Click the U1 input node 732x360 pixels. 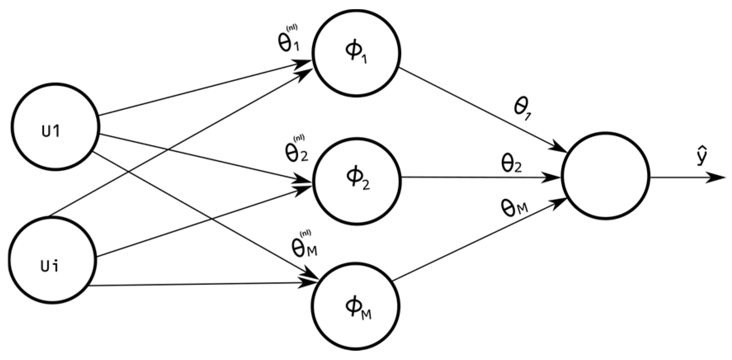(55, 127)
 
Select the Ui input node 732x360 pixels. (52, 260)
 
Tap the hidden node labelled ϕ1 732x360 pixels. (356, 53)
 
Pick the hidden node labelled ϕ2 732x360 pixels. (357, 181)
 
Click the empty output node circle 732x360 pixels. (605, 175)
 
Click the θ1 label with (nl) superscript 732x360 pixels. (289, 40)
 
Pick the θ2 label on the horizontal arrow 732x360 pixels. (511, 163)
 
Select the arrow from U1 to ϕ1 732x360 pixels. (198, 89)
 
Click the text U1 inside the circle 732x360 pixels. (51, 131)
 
